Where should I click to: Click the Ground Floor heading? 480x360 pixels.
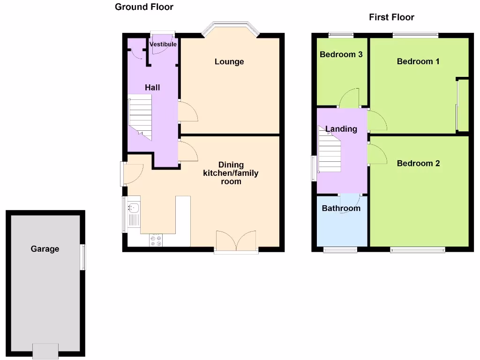pos(144,7)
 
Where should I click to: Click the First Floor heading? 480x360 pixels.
pos(391,17)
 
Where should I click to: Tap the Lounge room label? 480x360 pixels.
pos(229,61)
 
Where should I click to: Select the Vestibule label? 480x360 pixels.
pos(163,44)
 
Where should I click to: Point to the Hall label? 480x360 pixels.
pos(152,87)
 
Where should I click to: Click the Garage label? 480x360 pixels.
pos(45,249)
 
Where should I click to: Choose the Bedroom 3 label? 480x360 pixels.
pos(341,54)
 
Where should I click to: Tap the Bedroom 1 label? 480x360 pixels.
pos(418,61)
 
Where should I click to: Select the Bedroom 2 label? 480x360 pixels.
pos(418,163)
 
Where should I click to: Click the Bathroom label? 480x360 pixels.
pos(341,208)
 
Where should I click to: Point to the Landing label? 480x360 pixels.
pos(341,129)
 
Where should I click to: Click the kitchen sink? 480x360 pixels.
pos(133,208)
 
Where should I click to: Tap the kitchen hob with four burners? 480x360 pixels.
pos(156,240)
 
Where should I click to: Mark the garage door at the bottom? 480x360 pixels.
pos(45,350)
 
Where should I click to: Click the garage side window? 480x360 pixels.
pos(83,257)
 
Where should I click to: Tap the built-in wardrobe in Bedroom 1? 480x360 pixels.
pos(462,105)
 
